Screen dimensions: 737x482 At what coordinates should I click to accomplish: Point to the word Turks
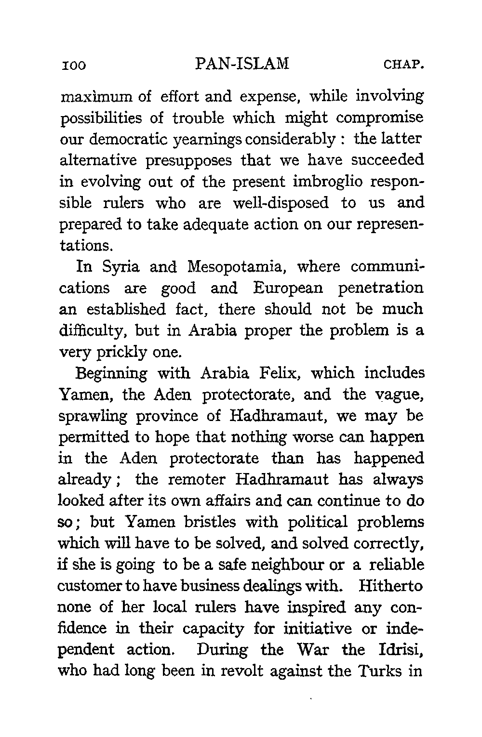(379, 671)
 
